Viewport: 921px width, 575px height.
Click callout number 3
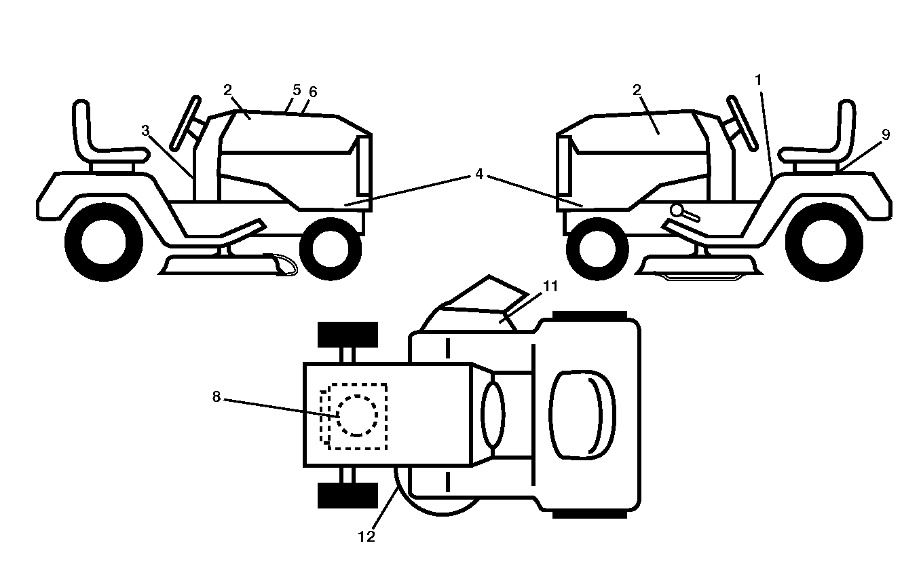[145, 131]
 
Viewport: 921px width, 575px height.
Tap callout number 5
[297, 90]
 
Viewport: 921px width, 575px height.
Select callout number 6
[313, 92]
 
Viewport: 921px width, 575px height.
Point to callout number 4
[479, 174]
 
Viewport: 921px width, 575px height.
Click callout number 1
[759, 80]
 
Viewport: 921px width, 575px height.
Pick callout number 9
[886, 134]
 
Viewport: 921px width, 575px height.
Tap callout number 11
[550, 286]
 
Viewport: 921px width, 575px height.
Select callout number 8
[217, 397]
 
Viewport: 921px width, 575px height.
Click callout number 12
[366, 537]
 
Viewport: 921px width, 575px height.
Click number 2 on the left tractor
[227, 90]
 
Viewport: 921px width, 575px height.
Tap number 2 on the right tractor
[637, 90]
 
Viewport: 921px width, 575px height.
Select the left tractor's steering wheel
[185, 123]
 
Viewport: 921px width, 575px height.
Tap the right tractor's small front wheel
[597, 249]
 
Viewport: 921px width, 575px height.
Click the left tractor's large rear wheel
[104, 242]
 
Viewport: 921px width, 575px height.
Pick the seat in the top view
[582, 415]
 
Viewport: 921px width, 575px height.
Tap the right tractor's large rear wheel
[825, 242]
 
